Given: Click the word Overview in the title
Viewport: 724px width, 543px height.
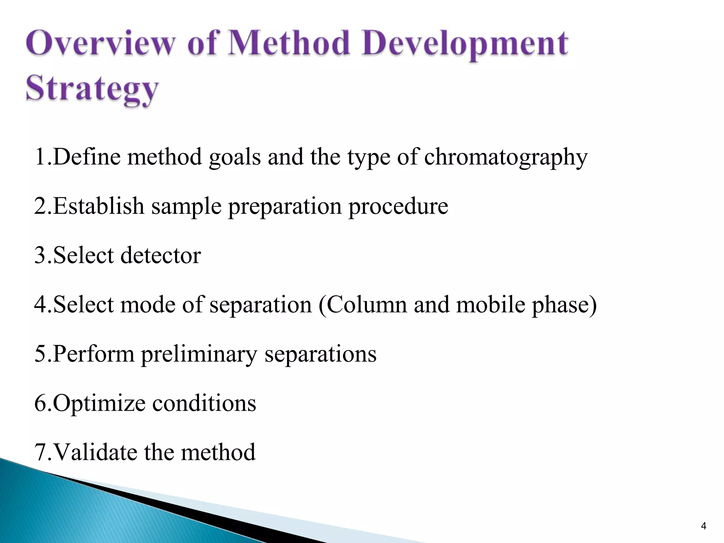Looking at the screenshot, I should point(100,44).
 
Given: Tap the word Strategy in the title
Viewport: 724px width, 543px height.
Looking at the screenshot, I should point(92,89).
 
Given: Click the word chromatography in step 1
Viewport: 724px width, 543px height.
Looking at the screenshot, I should point(506,157).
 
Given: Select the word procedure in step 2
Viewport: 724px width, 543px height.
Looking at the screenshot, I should point(398,207).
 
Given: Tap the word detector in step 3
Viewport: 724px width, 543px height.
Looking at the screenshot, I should point(160,255).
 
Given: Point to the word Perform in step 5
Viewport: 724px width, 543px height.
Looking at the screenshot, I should point(94,354).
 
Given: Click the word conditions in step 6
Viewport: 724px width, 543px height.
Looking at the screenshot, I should point(204,403).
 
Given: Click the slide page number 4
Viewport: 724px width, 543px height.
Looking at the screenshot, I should point(703,526).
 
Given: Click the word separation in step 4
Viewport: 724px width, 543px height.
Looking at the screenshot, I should point(261,305).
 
